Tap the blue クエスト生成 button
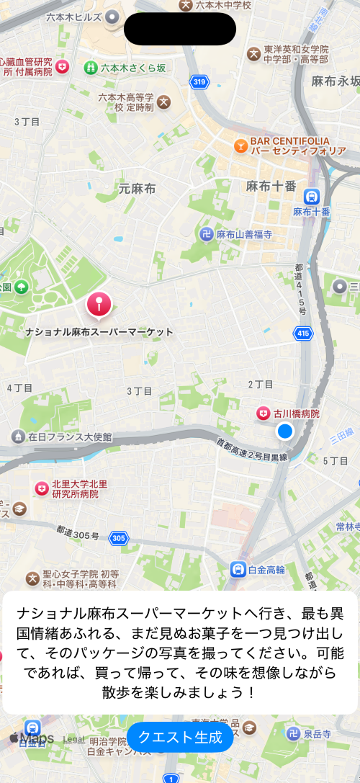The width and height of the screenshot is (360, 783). coord(180,737)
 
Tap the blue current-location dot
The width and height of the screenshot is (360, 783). coord(285,431)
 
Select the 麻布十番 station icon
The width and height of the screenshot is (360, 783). coord(312,195)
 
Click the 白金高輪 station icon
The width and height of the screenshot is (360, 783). coord(238,569)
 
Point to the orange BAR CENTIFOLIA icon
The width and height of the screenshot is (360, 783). coord(240,146)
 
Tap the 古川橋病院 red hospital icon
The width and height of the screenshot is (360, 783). coord(264,413)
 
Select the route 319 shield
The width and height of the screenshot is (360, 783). coord(199,82)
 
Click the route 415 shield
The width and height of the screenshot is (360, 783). coord(303,334)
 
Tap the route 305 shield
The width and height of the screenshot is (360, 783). coord(119,538)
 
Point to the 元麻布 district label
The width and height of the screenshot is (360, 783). coord(137,189)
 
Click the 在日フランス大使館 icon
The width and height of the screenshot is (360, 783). coord(18,437)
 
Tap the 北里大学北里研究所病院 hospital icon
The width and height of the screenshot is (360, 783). coord(42,488)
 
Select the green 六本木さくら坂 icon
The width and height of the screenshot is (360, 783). coord(91,68)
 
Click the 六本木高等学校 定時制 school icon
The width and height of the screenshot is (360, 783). coord(164,102)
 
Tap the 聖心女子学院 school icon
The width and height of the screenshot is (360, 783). coord(32,578)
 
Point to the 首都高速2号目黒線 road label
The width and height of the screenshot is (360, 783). coord(252,450)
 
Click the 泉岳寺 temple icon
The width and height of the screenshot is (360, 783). coord(293,733)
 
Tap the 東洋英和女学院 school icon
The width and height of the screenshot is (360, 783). coord(253,53)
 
